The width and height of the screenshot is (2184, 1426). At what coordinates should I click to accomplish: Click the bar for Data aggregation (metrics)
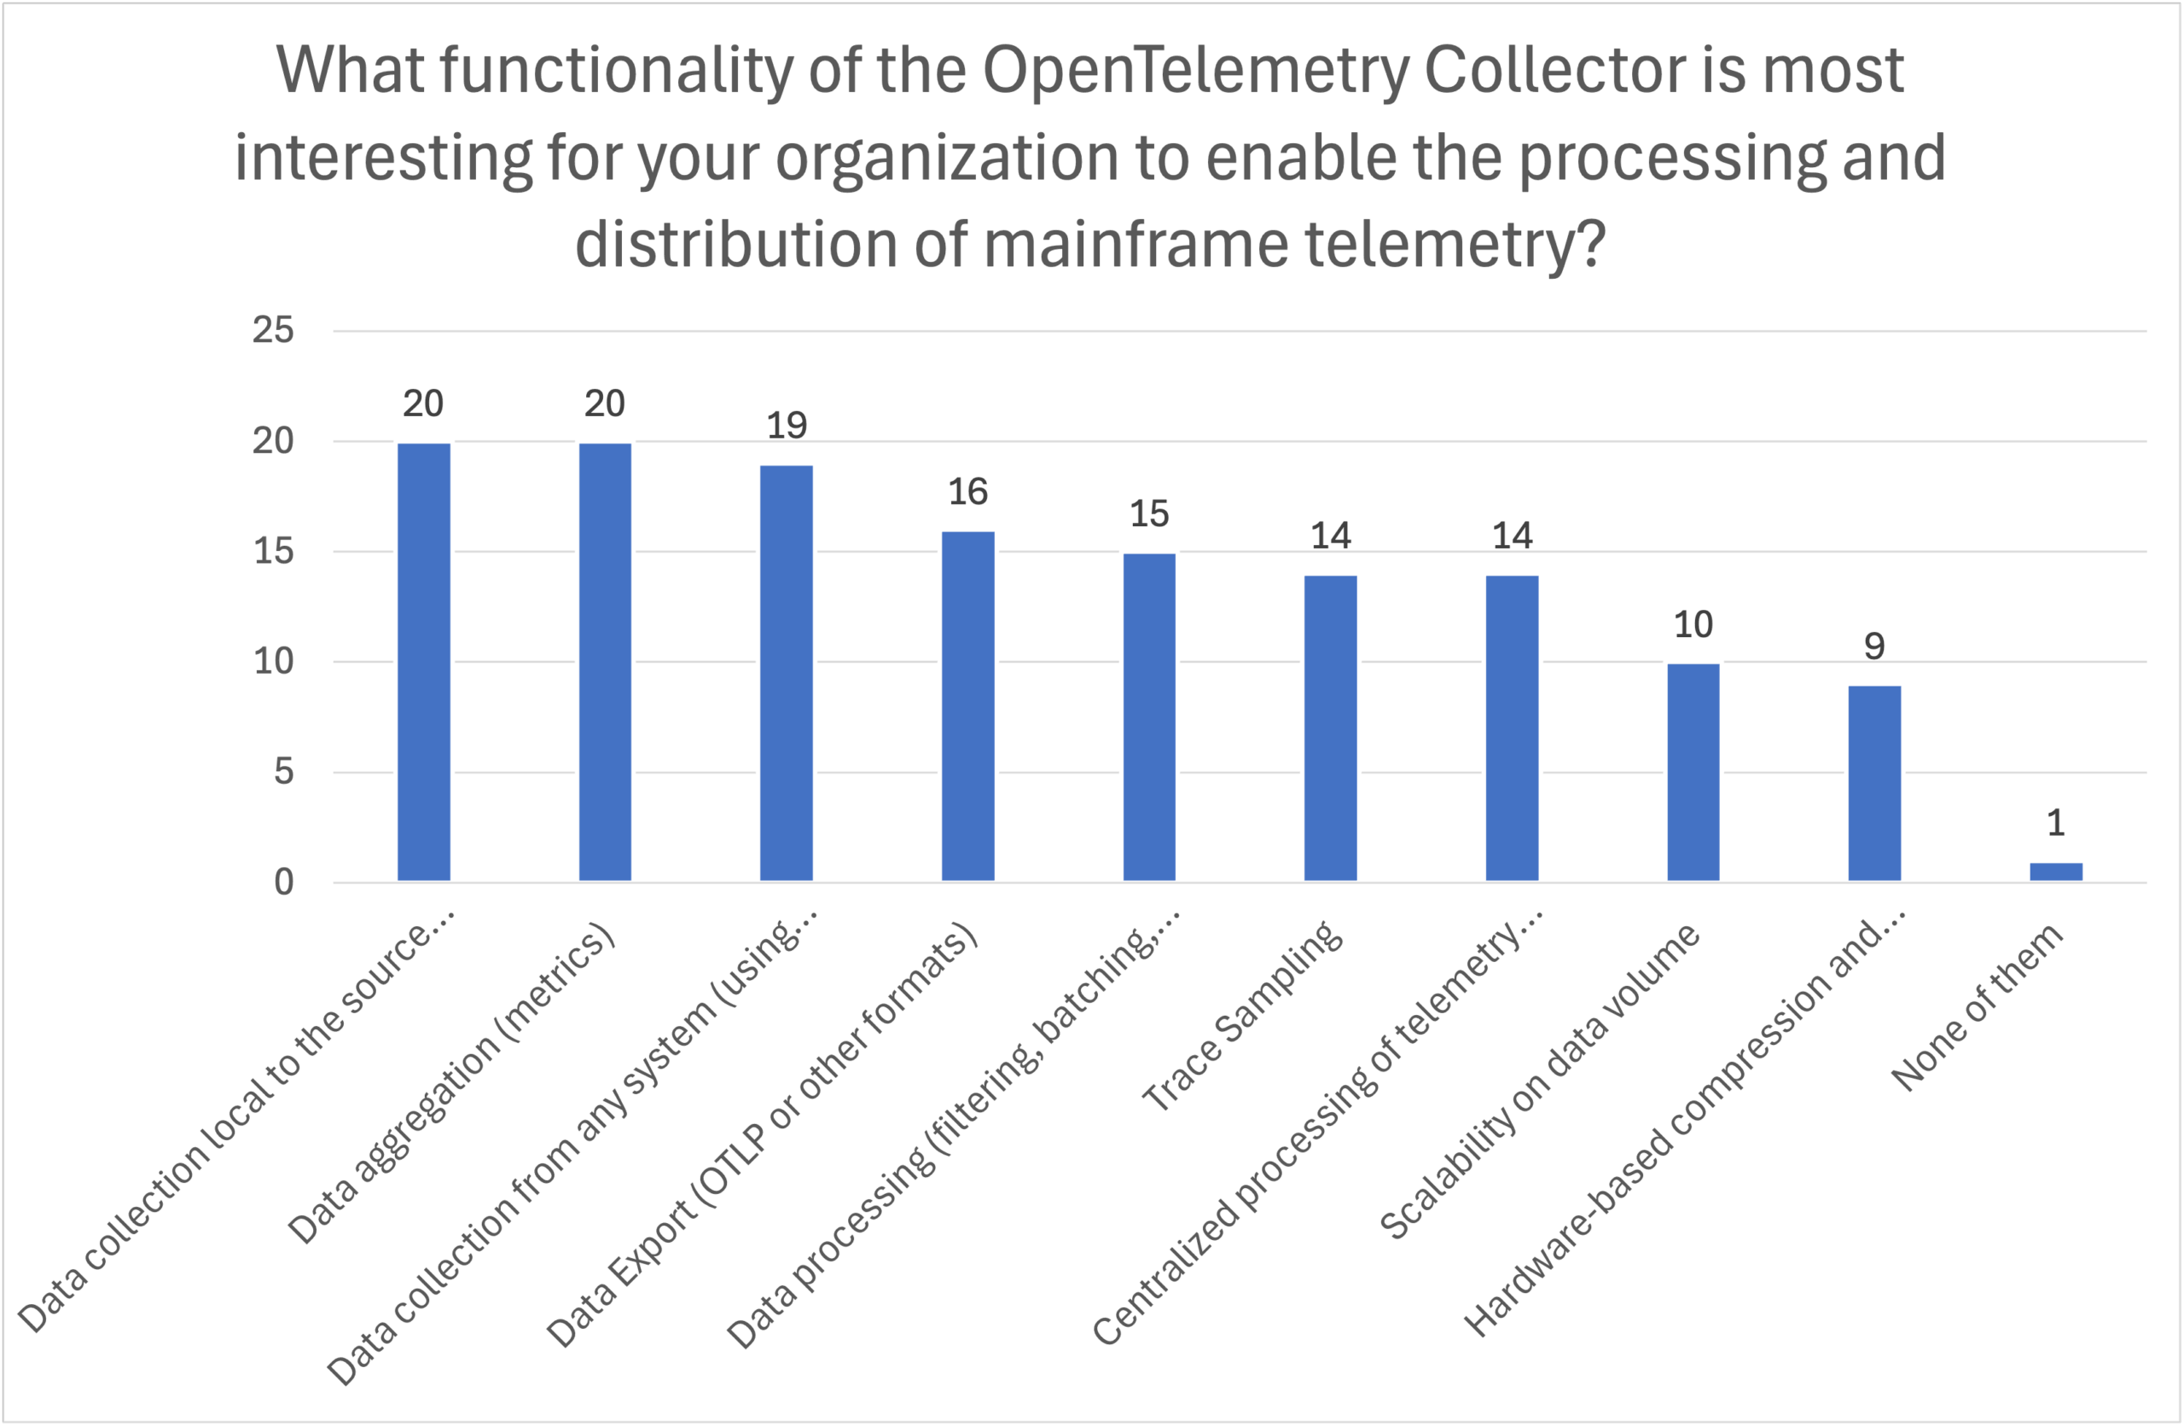(x=605, y=662)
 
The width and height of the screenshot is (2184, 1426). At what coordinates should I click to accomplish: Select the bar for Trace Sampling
(x=1331, y=727)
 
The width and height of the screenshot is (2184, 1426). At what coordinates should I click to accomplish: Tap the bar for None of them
(x=2055, y=871)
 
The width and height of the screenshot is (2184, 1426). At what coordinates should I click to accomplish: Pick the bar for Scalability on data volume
(x=1693, y=772)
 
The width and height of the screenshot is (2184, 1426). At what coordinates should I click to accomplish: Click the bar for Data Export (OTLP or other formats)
(x=968, y=705)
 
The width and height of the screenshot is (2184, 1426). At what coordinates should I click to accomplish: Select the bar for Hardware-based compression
(x=1873, y=783)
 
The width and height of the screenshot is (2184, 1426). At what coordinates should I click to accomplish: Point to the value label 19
(x=787, y=426)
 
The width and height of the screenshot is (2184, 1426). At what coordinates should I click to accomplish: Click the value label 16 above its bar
(x=968, y=492)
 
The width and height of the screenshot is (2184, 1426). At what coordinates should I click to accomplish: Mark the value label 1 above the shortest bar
(x=2055, y=823)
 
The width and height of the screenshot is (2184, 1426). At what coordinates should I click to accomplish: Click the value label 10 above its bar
(x=1693, y=625)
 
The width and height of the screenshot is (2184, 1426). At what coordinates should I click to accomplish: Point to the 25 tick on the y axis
(x=274, y=330)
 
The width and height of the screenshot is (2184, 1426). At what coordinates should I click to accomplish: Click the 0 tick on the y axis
(x=283, y=883)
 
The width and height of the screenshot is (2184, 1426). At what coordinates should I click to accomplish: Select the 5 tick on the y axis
(x=283, y=772)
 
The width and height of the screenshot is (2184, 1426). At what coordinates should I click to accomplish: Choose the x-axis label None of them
(x=1978, y=1008)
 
